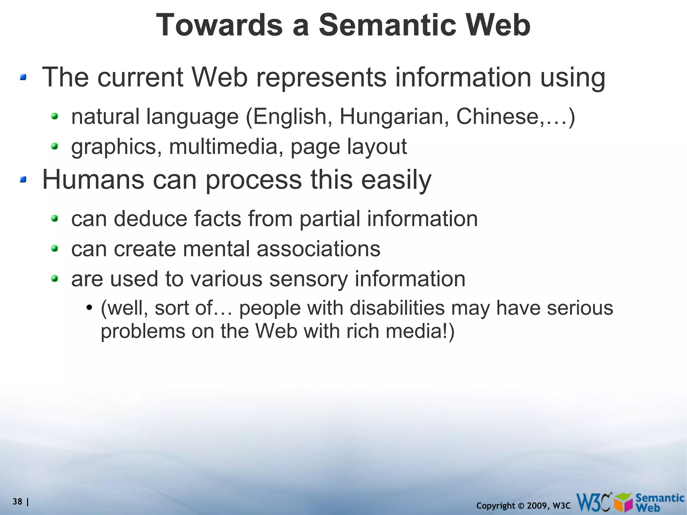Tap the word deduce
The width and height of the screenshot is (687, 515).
pyautogui.click(x=150, y=219)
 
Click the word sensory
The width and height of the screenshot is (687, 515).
pyautogui.click(x=309, y=279)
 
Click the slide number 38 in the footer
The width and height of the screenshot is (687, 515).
pyautogui.click(x=17, y=502)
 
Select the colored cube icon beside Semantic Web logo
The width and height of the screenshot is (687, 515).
pyautogui.click(x=624, y=503)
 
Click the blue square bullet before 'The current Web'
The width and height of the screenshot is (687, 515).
pyautogui.click(x=23, y=78)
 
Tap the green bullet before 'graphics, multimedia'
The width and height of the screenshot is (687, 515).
pyautogui.click(x=55, y=146)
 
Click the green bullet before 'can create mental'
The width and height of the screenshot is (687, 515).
pyautogui.click(x=55, y=249)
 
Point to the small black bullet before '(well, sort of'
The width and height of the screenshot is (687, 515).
pyautogui.click(x=89, y=308)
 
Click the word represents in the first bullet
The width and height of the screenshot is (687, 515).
pyautogui.click(x=321, y=78)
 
